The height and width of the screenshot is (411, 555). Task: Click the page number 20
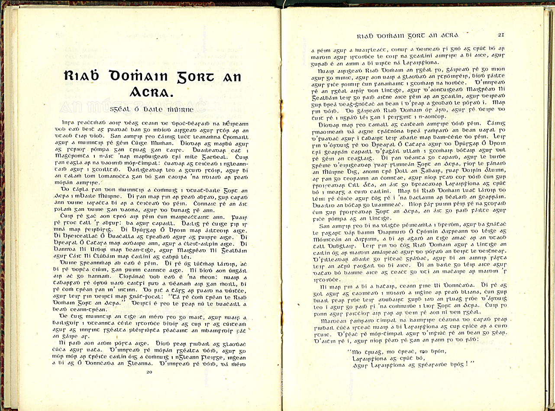150,372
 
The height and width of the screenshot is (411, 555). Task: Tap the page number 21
501,35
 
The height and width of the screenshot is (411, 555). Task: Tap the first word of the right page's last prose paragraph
333,321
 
